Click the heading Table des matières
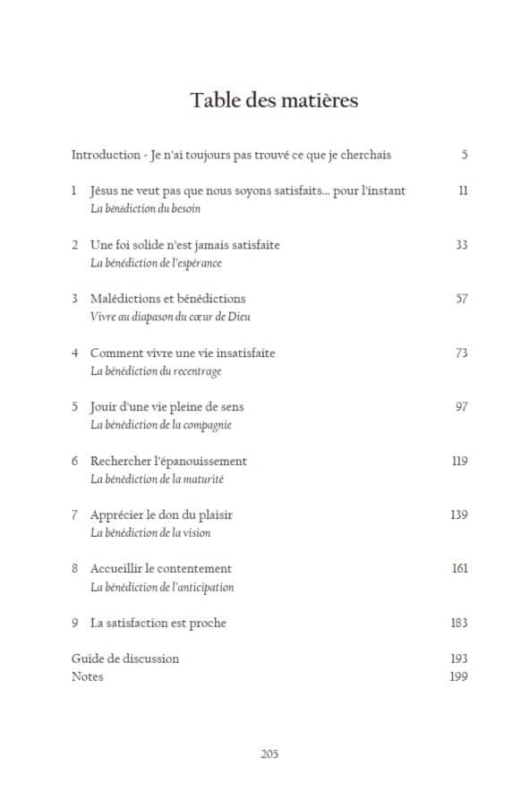[274, 100]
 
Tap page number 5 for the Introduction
[464, 155]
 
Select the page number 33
[461, 244]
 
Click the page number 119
[458, 461]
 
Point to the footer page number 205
[269, 753]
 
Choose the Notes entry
[87, 676]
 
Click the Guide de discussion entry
[124, 658]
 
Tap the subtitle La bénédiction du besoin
[146, 208]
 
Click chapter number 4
[75, 353]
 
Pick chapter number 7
[75, 514]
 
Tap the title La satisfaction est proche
[158, 623]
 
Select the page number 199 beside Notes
[458, 676]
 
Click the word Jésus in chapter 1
[107, 191]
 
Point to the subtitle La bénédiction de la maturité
[157, 479]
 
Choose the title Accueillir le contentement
[160, 568]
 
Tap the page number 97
[461, 406]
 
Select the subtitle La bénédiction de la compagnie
[160, 424]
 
